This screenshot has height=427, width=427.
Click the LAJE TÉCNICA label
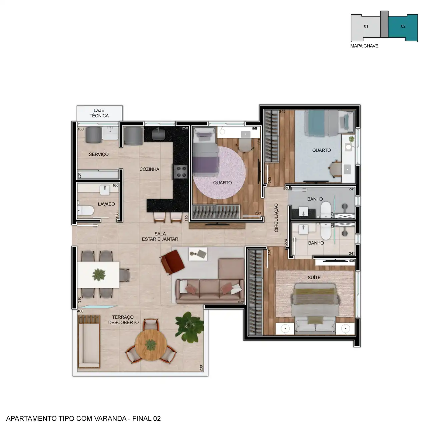point(99,113)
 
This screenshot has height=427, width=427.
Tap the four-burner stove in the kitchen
point(180,172)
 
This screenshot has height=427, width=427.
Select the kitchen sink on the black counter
point(159,134)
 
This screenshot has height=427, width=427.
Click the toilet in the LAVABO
point(85,210)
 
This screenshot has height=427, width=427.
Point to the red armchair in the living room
point(172,262)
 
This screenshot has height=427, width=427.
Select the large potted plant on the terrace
point(189,327)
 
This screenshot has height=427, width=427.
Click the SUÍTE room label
point(314,278)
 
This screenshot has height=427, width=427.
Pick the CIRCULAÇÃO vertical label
point(276,218)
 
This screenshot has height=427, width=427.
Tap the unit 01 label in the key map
point(366,26)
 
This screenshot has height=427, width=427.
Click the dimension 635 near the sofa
point(241,302)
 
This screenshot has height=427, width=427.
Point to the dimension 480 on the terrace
point(80,311)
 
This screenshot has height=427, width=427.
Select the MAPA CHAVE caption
point(364,46)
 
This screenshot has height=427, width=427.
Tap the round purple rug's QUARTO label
point(223,182)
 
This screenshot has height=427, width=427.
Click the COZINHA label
point(149,169)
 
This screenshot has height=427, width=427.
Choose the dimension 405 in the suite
point(352,261)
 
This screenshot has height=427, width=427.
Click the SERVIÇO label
point(99,154)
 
